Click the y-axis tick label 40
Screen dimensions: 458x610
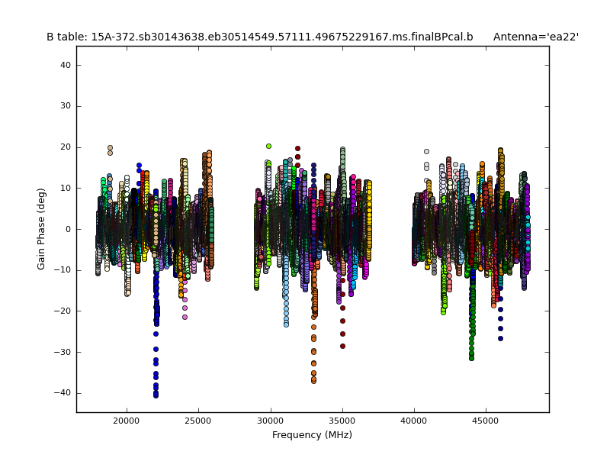click(65, 66)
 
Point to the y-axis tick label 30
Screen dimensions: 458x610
click(65, 106)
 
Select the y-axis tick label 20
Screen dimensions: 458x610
click(65, 147)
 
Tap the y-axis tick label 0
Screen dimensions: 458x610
click(68, 229)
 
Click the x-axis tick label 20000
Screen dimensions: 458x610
click(127, 421)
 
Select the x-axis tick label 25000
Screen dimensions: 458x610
click(198, 421)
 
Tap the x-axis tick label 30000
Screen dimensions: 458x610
click(270, 421)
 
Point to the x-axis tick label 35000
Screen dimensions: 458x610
click(342, 421)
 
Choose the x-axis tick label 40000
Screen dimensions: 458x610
click(414, 421)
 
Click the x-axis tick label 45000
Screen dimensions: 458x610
click(486, 421)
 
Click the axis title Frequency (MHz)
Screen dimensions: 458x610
click(312, 435)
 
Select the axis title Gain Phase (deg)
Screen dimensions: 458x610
click(42, 229)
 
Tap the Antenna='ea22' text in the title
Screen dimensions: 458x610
click(535, 37)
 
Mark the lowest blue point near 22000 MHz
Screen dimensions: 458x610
click(156, 395)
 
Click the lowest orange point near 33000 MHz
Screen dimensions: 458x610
click(313, 380)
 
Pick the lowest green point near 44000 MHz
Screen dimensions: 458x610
click(471, 357)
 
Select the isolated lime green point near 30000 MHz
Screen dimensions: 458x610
click(268, 146)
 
